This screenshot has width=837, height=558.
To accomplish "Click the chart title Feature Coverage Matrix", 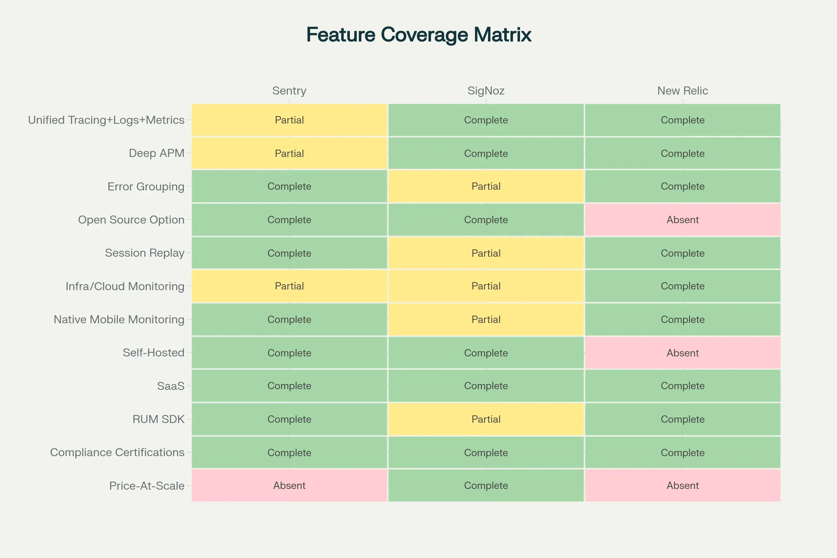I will (418, 35).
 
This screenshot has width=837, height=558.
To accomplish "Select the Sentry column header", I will (289, 91).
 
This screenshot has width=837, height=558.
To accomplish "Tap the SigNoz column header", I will (486, 91).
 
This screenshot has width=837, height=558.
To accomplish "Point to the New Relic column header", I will (683, 91).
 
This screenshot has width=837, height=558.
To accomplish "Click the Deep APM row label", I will (157, 153).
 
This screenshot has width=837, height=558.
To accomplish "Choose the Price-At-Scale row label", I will (146, 486).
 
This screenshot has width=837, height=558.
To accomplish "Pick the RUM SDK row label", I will (158, 419).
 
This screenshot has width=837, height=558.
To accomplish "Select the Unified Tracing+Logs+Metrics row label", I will (106, 120).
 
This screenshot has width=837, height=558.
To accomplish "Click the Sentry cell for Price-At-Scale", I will (289, 486).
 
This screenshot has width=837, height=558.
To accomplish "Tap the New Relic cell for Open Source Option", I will (683, 220).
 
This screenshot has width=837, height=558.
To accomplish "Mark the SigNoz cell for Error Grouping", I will (486, 187).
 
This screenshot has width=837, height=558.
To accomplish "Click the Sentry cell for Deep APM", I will (289, 153).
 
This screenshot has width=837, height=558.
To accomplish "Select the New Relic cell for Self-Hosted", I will (683, 353).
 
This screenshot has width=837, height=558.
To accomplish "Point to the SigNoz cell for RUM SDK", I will (486, 419).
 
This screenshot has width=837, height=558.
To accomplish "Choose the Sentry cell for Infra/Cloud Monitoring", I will (289, 286).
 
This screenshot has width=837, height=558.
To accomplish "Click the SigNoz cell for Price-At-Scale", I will (486, 486).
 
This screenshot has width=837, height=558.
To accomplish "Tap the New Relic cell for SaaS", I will (683, 386).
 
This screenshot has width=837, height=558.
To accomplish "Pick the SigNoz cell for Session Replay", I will (486, 253).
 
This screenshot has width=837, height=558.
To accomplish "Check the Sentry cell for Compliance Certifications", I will (289, 453).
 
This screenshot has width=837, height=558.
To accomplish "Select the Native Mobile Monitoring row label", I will (119, 319).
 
